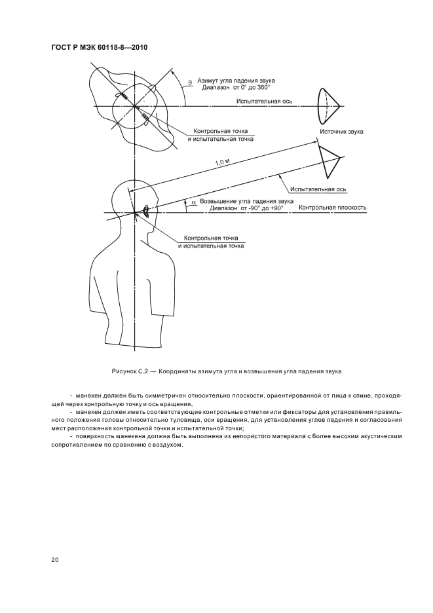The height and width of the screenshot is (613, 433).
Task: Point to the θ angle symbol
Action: tap(189, 82)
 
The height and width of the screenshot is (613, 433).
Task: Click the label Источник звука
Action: tap(341, 132)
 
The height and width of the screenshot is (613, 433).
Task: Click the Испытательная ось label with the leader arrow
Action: tap(318, 189)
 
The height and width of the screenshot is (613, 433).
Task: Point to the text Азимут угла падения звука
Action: tap(236, 79)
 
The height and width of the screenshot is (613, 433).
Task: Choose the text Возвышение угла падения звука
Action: tap(246, 201)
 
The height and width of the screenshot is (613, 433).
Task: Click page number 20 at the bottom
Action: tap(54, 560)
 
